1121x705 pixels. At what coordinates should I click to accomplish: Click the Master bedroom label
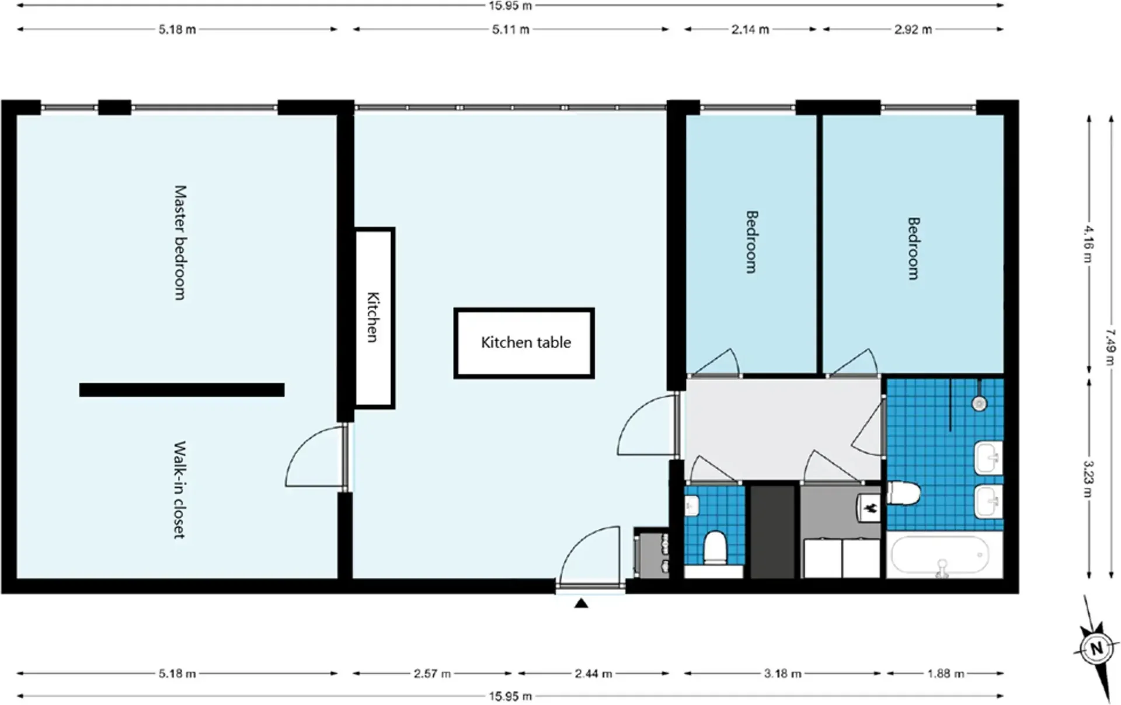180,243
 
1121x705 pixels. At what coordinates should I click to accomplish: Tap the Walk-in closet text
180,490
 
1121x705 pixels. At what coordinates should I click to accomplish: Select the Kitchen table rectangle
524,343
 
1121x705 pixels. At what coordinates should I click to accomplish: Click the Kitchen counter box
374,317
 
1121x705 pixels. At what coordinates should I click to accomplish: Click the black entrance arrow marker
581,603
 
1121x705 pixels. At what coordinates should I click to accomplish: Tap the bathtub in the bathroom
939,556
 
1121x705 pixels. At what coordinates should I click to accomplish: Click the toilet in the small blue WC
715,547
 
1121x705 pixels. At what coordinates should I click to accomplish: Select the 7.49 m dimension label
1111,348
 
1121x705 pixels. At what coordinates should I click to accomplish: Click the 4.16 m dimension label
1089,245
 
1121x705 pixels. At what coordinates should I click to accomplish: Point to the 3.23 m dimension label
1089,479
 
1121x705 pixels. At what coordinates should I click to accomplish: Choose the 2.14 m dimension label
750,29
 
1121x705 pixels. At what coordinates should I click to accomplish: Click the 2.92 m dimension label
913,29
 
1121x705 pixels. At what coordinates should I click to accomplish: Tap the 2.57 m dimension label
433,673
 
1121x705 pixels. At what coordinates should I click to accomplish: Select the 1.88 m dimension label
946,673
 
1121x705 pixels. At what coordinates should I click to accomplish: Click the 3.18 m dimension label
783,673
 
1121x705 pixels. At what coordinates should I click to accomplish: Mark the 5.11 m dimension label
511,29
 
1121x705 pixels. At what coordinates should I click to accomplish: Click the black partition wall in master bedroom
182,390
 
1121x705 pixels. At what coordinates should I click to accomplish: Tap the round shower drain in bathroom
979,403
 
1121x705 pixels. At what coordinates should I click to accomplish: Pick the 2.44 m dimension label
593,673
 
